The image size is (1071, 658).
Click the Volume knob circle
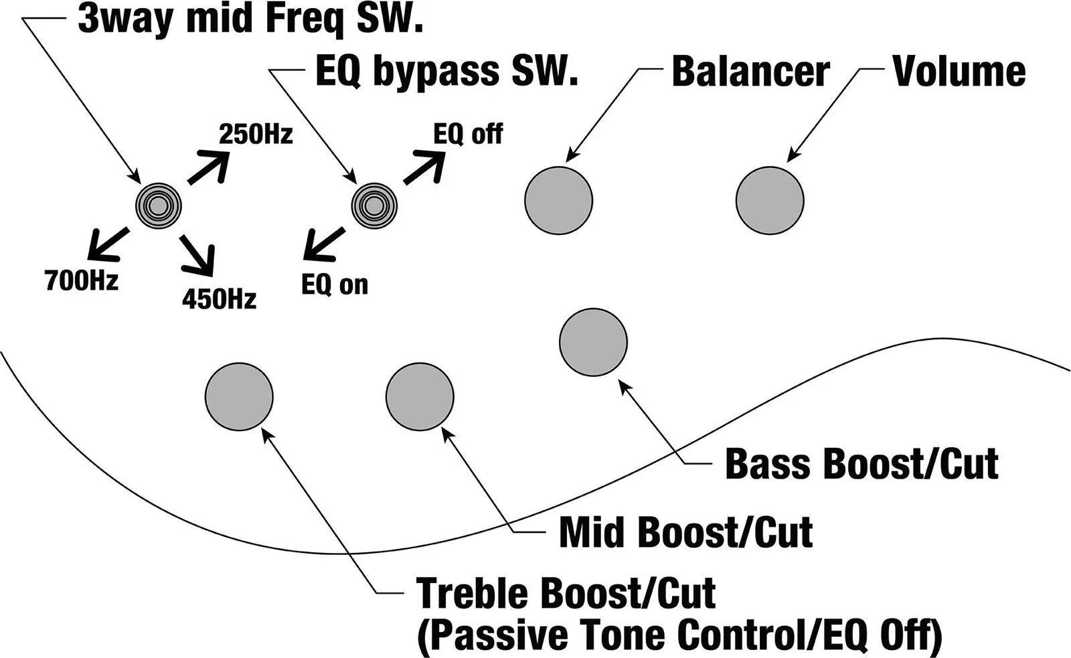(769, 200)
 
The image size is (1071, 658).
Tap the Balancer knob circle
(558, 200)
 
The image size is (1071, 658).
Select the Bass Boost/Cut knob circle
(593, 342)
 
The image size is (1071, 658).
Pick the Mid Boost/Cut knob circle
(420, 397)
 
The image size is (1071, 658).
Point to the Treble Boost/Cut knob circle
(239, 397)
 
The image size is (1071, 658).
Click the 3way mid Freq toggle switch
(158, 205)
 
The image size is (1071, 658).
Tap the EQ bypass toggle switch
(375, 205)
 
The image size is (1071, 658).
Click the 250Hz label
(256, 135)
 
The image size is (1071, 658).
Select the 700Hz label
(82, 280)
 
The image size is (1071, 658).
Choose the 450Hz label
(219, 299)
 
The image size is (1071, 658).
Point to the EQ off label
(468, 134)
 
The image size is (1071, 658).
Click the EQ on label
(335, 284)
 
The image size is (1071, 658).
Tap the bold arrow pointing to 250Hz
(208, 167)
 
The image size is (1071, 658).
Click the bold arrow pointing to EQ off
(424, 167)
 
